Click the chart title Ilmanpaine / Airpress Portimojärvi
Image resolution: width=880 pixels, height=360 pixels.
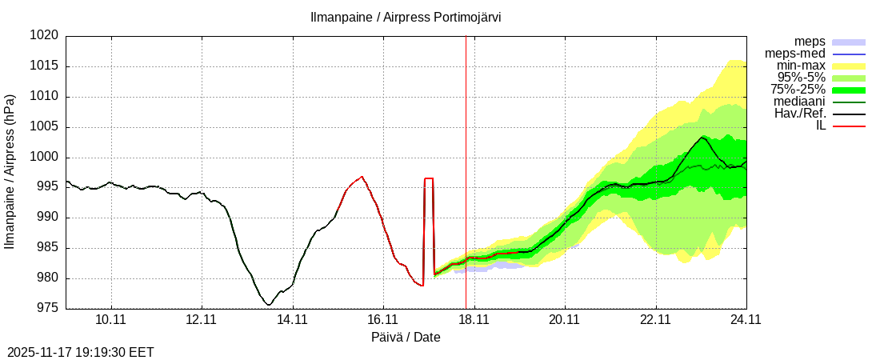coord(406,17)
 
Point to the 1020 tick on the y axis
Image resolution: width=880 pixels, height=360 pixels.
coord(46,36)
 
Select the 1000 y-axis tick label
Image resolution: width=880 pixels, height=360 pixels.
coord(46,158)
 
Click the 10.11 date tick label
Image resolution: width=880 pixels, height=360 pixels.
coord(111,320)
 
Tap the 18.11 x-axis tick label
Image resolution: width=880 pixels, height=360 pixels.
coord(474,320)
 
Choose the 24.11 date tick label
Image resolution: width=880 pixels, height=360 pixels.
coord(746,320)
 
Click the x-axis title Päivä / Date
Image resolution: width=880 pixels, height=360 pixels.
coord(406,338)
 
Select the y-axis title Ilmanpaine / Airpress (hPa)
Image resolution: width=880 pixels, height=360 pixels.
coord(10,172)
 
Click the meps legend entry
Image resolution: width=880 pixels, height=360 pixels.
coord(810,42)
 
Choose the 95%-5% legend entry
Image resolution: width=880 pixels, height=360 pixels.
coord(802,78)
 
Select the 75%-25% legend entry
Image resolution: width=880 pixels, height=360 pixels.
coord(798,90)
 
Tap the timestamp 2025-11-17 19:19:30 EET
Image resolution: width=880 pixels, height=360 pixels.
coord(80,352)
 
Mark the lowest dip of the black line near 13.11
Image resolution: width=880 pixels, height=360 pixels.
coord(269,305)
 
